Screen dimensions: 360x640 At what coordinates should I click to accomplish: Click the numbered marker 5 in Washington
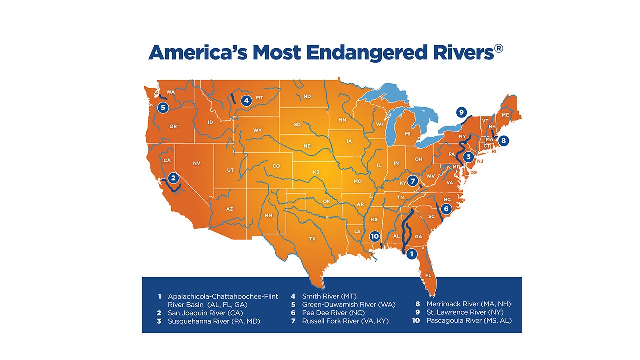[162, 107]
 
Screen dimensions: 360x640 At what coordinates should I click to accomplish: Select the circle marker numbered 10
[375, 236]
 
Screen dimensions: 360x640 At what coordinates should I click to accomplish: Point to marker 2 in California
[173, 177]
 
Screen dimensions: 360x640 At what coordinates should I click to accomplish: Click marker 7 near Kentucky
[412, 181]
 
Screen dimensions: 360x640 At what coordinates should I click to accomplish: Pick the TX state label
[312, 239]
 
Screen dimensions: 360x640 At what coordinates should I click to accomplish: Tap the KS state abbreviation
[316, 172]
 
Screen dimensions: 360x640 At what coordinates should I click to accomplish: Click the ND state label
[307, 96]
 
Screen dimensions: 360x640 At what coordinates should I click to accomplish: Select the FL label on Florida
[428, 275]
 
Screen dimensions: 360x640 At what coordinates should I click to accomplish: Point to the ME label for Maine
[505, 115]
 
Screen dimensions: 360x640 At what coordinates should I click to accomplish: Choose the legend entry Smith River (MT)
[329, 296]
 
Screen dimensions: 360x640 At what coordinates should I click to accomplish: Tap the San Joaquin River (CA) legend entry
[205, 313]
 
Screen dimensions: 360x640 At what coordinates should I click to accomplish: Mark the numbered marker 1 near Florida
[411, 254]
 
